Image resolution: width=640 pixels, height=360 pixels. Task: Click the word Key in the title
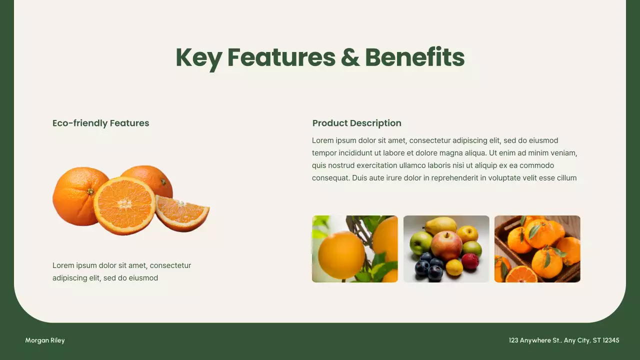[x=198, y=57]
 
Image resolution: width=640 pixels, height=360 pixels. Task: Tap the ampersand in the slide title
[x=350, y=57]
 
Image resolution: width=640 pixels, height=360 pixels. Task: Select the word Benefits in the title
[x=415, y=57]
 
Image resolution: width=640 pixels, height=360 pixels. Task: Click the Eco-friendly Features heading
[x=100, y=123]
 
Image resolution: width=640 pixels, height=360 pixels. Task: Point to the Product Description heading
[x=356, y=123]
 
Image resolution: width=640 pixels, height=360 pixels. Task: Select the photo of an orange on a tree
[x=354, y=249]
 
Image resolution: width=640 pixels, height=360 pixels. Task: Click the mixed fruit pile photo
[x=446, y=249]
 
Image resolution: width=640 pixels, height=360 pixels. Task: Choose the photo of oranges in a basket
[x=537, y=249]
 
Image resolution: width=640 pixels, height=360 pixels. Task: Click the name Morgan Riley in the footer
[x=45, y=340]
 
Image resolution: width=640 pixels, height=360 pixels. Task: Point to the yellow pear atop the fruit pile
[x=440, y=224]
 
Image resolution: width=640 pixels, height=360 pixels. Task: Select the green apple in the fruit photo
[x=420, y=242]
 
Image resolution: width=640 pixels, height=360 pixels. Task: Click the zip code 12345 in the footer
[x=611, y=340]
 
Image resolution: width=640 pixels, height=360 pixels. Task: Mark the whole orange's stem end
[x=90, y=191]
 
